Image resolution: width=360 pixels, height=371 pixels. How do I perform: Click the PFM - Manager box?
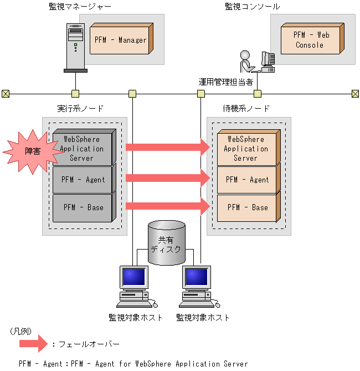pyautogui.click(x=121, y=39)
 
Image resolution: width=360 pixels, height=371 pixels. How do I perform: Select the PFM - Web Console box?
pyautogui.click(x=312, y=39)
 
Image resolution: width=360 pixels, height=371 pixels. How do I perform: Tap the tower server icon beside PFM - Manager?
pyautogui.click(x=75, y=48)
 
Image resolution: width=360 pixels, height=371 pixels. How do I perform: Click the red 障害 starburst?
pyautogui.click(x=33, y=151)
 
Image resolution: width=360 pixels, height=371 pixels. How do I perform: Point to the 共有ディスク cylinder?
pyautogui.click(x=166, y=242)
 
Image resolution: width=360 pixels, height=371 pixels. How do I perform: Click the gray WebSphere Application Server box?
pyautogui.click(x=84, y=147)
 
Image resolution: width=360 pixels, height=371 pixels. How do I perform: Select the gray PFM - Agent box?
pyautogui.click(x=84, y=179)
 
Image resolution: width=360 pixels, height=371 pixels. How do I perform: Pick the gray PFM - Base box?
pyautogui.click(x=84, y=207)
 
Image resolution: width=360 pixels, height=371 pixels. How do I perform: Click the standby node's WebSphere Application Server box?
pyautogui.click(x=249, y=147)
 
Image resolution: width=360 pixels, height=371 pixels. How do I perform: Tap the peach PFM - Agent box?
pyautogui.click(x=249, y=179)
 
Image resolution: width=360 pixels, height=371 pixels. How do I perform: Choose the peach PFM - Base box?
pyautogui.click(x=249, y=207)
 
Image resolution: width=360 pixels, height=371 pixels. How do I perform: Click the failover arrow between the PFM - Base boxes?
pyautogui.click(x=168, y=206)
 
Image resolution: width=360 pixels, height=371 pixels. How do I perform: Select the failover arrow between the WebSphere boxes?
pyautogui.click(x=168, y=147)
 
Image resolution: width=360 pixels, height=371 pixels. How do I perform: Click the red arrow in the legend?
pyautogui.click(x=33, y=344)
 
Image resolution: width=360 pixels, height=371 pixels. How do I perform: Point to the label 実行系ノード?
pyautogui.click(x=80, y=109)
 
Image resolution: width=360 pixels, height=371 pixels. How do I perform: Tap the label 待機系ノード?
pyautogui.click(x=246, y=109)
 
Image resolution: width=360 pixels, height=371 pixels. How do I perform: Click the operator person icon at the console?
pyautogui.click(x=247, y=62)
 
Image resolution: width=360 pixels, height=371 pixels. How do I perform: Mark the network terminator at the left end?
pyautogui.click(x=6, y=94)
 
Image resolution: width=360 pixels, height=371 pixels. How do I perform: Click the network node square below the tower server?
pyautogui.click(x=75, y=94)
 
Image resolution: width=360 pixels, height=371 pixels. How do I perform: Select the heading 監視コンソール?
pyautogui.click(x=252, y=7)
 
